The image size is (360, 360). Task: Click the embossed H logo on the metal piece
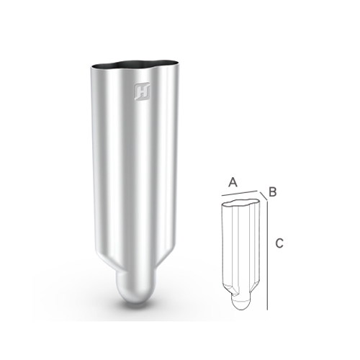[143, 91]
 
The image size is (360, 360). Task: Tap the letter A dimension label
[233, 182]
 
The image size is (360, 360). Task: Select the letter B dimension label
[272, 192]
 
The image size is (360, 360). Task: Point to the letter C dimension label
[279, 243]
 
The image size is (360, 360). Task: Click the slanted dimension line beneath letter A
[239, 193]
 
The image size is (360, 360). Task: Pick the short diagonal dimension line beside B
[263, 196]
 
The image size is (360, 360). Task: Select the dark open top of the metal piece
[135, 63]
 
